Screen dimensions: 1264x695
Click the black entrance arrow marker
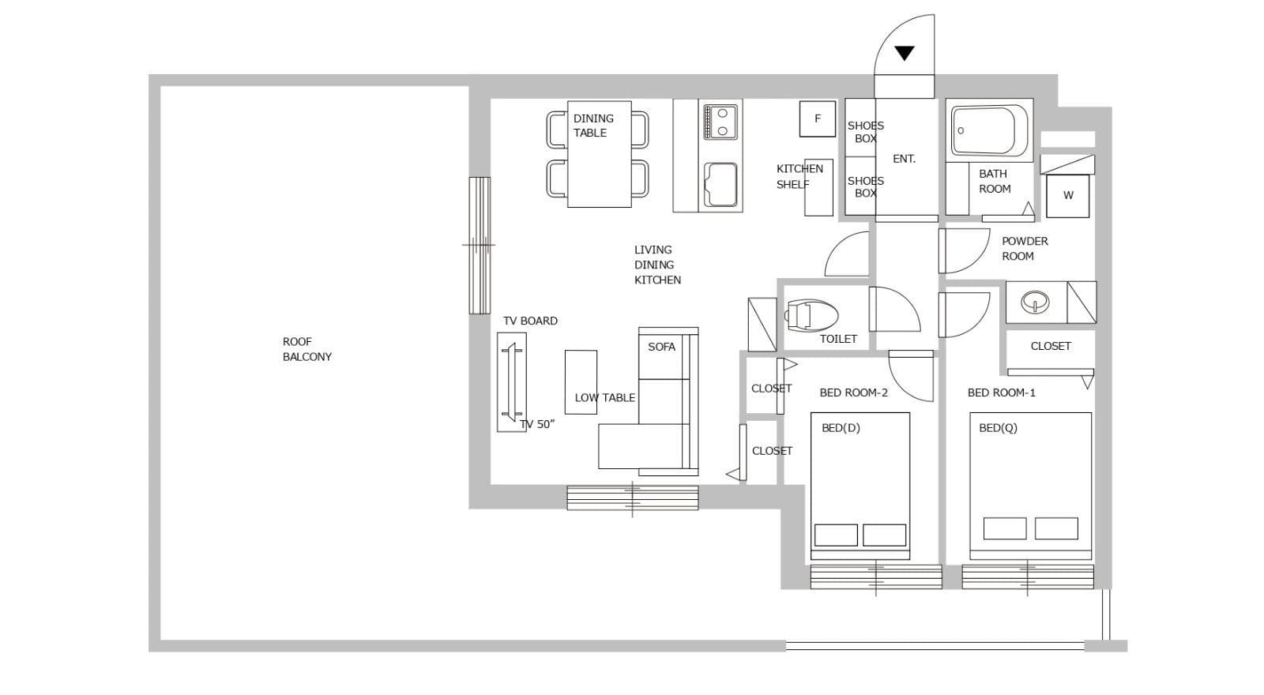point(904,53)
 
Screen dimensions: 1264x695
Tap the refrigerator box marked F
point(817,118)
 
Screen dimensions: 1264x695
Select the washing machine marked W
point(1067,196)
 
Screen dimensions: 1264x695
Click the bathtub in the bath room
point(989,130)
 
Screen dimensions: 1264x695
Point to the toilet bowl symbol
point(811,315)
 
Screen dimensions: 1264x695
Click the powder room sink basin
point(1035,302)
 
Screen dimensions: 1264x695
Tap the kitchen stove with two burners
point(720,122)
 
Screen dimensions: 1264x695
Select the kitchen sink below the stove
point(720,185)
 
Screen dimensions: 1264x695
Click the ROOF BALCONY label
point(307,349)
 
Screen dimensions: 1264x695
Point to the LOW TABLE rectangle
point(581,382)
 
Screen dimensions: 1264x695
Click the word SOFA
point(661,347)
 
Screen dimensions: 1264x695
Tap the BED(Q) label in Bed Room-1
point(998,428)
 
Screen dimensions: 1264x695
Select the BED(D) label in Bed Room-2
point(841,428)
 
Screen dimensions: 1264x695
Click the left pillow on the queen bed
point(1004,528)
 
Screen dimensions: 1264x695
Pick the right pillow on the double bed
point(884,535)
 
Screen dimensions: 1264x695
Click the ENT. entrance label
point(904,159)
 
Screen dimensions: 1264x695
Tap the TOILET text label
point(838,339)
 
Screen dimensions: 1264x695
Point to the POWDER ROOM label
point(1025,249)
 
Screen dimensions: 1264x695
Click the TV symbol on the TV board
point(513,382)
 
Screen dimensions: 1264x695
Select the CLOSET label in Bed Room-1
point(1051,347)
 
